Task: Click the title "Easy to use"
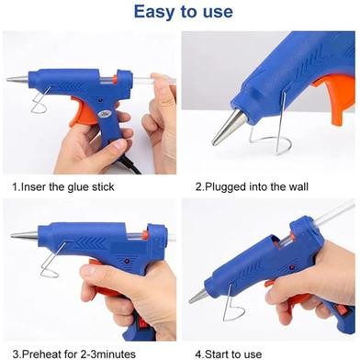[x=180, y=13]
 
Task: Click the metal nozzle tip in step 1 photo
[x=18, y=80]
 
